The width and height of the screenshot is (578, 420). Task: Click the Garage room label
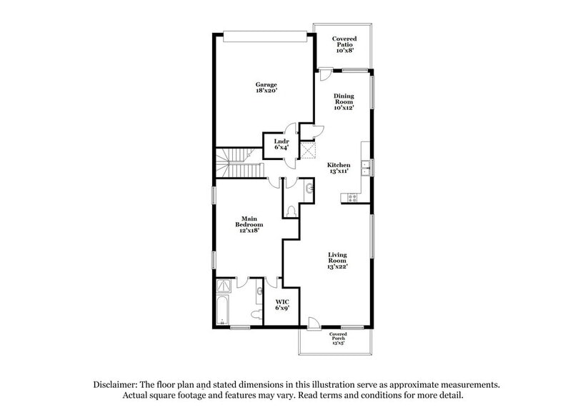[x=266, y=88]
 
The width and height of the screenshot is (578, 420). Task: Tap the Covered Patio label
[x=344, y=45]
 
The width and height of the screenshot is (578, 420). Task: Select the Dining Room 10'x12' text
[x=344, y=101]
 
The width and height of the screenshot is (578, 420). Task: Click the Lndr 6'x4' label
[x=281, y=144]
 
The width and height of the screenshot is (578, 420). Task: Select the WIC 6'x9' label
[x=282, y=306]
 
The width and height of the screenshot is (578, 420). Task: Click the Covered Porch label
[x=338, y=338]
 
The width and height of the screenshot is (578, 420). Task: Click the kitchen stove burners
[x=352, y=198]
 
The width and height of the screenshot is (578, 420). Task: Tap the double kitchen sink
[x=365, y=169]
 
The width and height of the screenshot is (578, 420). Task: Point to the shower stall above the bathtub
[x=224, y=287]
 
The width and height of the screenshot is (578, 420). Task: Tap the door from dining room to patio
[x=325, y=74]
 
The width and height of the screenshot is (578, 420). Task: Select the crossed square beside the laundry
[x=309, y=151]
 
